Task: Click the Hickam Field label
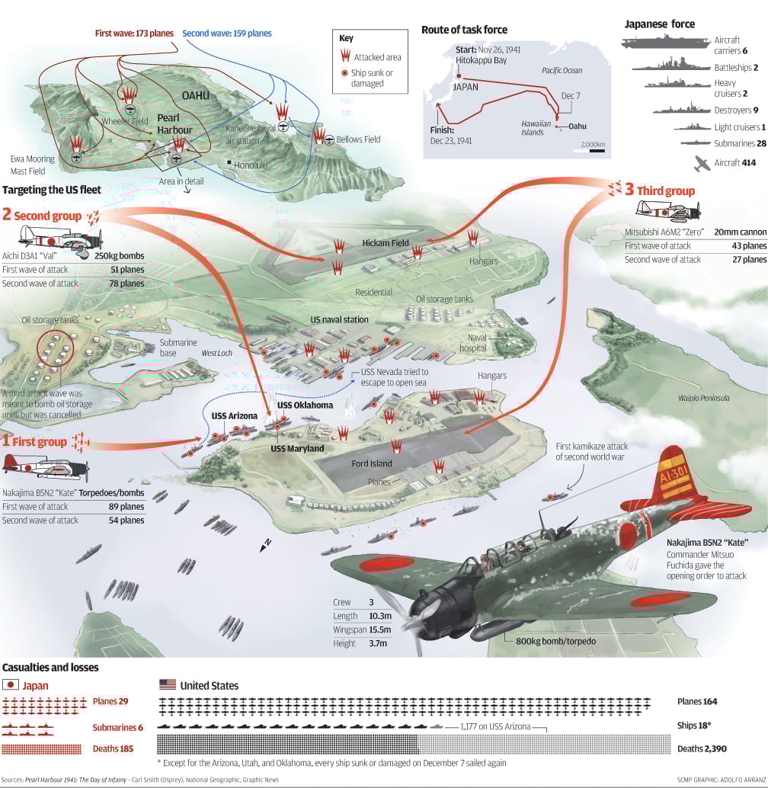pos(386,243)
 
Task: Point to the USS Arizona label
pos(234,415)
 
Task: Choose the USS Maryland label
pos(293,449)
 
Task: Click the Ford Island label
pos(372,463)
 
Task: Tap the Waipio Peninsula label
pos(704,398)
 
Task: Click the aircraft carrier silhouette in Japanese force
pos(664,43)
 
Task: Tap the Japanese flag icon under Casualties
pos(11,685)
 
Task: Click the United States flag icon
pos(167,685)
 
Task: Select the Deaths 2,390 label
pos(702,748)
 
